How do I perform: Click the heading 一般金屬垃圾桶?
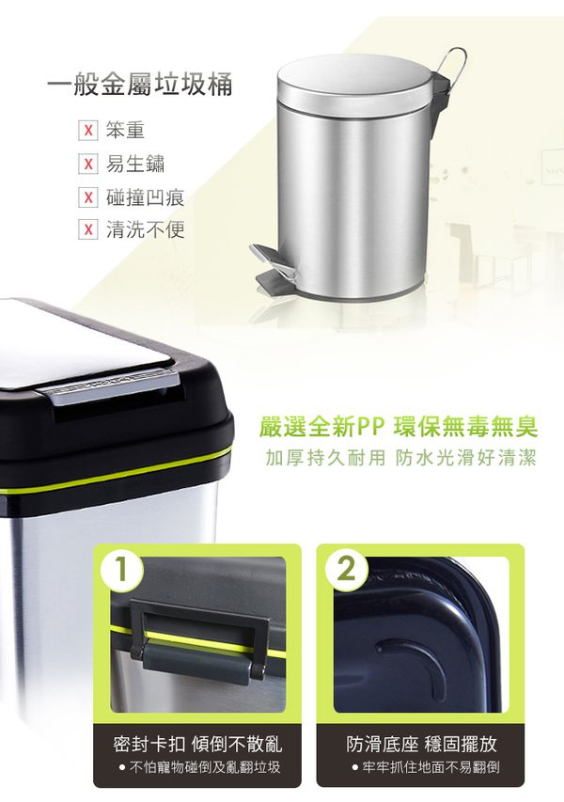point(139,88)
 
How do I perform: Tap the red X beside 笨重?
point(88,130)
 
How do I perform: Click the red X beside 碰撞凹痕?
point(88,197)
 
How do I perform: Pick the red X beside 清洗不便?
point(88,230)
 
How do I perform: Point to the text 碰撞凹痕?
point(145,197)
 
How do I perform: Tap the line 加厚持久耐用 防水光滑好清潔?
point(399,459)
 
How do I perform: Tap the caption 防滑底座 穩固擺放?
point(421,745)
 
